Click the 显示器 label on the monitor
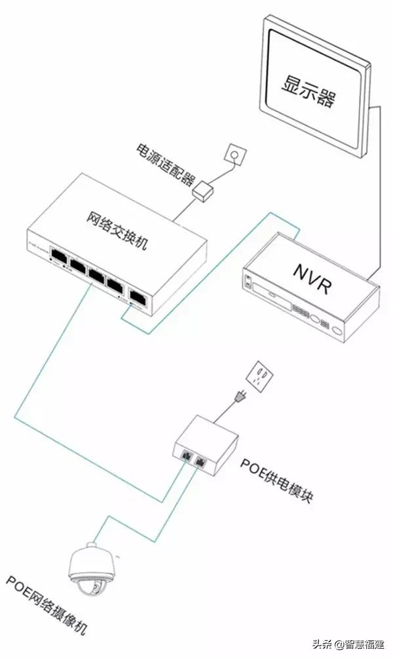tap(309, 90)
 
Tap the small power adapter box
tap(204, 191)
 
